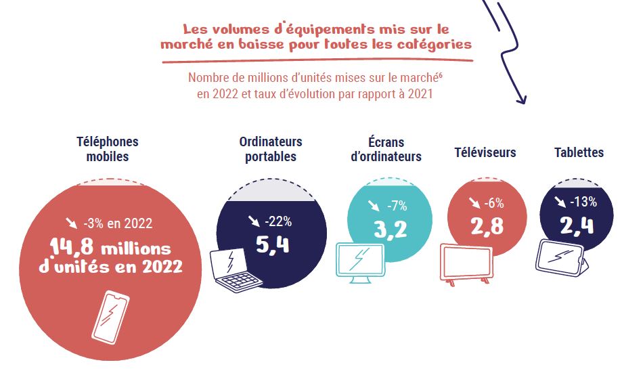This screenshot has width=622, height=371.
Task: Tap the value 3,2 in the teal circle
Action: (390, 229)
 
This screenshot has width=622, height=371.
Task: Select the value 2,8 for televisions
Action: (487, 226)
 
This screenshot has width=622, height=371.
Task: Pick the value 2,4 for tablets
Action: (577, 224)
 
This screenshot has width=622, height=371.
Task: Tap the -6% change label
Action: (493, 202)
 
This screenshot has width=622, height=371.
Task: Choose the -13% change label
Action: (583, 201)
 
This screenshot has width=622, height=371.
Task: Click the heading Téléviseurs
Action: (485, 152)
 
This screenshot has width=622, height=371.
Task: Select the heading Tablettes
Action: (579, 152)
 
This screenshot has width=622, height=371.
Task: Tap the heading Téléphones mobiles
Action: (108, 149)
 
